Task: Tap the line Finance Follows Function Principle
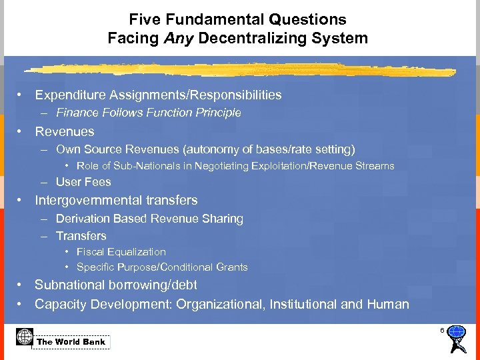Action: tap(148, 113)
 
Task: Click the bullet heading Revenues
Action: tap(65, 131)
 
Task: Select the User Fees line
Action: tap(83, 182)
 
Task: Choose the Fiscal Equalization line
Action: tap(121, 252)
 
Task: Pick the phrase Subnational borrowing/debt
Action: tap(116, 285)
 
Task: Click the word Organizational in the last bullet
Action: tap(220, 304)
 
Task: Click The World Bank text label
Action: tap(71, 342)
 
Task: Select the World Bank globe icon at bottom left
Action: tap(25, 337)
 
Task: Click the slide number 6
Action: tap(441, 331)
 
